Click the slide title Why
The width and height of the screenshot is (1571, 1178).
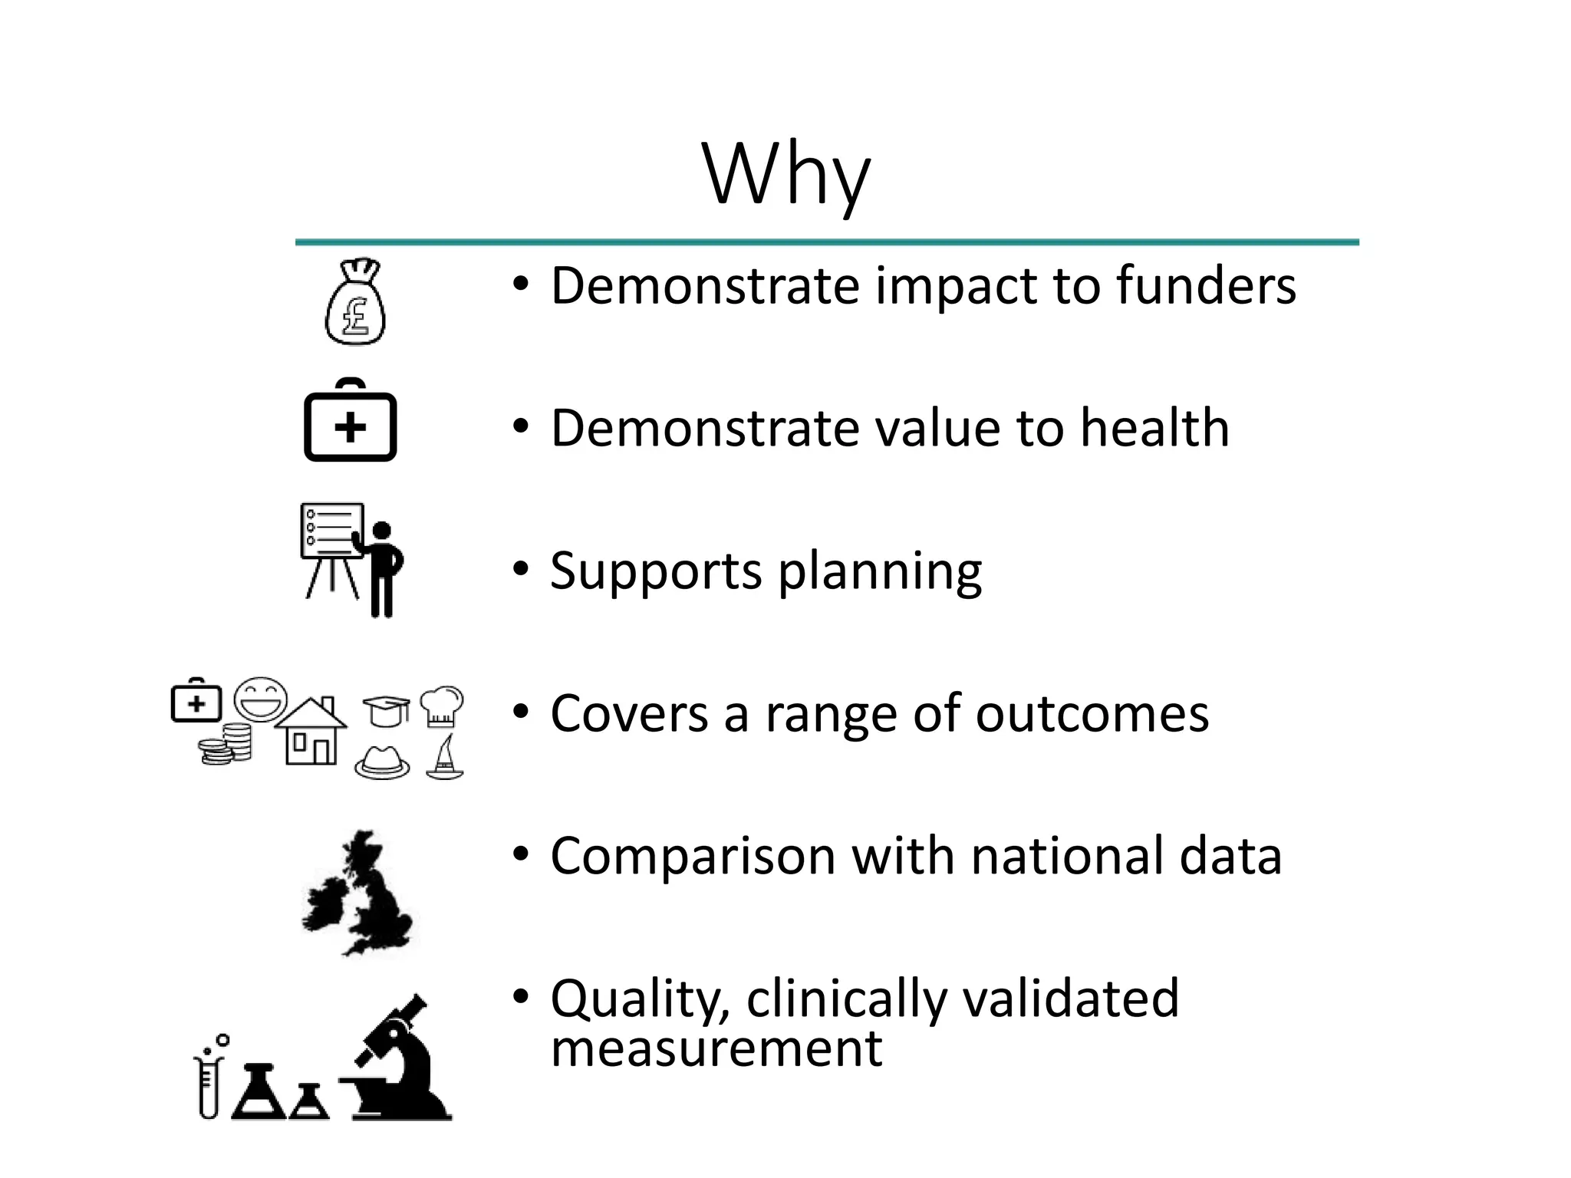[786, 175]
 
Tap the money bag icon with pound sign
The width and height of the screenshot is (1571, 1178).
[355, 302]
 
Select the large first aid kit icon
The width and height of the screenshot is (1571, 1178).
[351, 420]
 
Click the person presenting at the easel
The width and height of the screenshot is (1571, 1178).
[381, 568]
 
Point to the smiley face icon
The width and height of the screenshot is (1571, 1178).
[261, 699]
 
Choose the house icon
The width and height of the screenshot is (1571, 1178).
[311, 732]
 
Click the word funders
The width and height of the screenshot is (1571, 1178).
[1205, 285]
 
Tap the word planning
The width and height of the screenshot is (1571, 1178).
[880, 572]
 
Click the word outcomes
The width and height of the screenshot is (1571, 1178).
[1092, 714]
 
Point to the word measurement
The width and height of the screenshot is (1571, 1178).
[716, 1048]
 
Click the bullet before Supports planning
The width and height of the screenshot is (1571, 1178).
[522, 570]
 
